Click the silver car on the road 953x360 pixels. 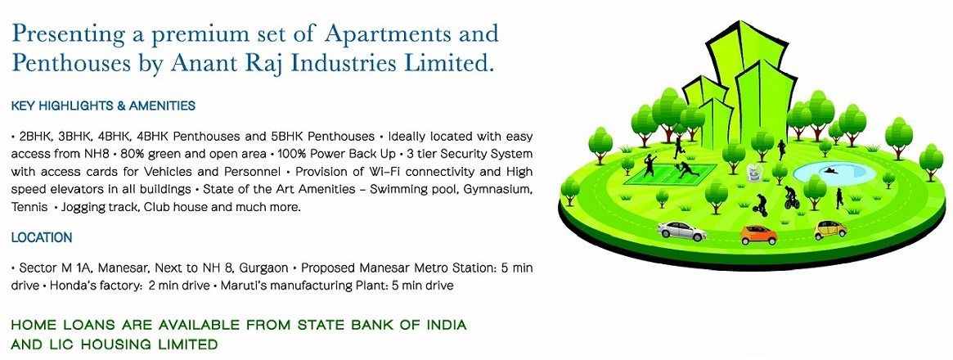681,230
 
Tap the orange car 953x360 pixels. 757,235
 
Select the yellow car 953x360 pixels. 830,229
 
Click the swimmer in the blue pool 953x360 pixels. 828,170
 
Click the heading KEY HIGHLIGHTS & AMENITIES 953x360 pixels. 103,106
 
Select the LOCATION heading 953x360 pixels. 42,238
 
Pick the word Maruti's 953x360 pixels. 244,286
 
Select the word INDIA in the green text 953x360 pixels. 443,326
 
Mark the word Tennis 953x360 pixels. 29,208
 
